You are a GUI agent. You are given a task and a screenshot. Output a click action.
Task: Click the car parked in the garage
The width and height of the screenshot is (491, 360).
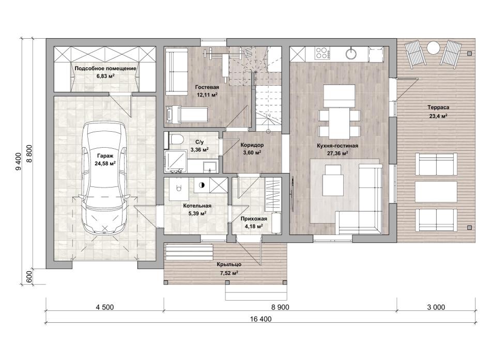pyautogui.click(x=105, y=178)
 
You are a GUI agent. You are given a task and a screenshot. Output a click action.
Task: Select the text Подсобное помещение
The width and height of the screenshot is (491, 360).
pyautogui.click(x=105, y=68)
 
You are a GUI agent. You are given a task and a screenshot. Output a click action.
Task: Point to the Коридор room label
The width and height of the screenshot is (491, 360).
pyautogui.click(x=252, y=145)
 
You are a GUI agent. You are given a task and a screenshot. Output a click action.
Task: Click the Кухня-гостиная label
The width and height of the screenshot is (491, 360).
pyautogui.click(x=337, y=146)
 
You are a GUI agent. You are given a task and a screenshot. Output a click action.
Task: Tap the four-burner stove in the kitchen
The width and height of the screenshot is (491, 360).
pyautogui.click(x=323, y=53)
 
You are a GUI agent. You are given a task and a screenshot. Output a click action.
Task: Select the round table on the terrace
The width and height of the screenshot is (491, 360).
pyautogui.click(x=434, y=48)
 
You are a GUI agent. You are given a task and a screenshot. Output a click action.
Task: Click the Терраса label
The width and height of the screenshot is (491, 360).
pyautogui.click(x=438, y=107)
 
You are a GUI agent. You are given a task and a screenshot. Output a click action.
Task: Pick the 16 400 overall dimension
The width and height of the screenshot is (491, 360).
pyautogui.click(x=261, y=319)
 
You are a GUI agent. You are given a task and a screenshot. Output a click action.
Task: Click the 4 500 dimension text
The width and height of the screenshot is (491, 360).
pyautogui.click(x=104, y=307)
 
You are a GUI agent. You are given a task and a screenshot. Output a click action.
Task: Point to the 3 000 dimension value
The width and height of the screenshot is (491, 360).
pyautogui.click(x=436, y=307)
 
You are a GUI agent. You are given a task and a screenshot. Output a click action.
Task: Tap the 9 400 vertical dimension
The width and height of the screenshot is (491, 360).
pyautogui.click(x=18, y=161)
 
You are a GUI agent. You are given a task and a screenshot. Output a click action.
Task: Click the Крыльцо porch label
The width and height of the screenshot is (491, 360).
pyautogui.click(x=229, y=264)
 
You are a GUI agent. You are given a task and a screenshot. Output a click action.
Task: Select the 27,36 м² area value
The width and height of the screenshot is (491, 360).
pyautogui.click(x=337, y=153)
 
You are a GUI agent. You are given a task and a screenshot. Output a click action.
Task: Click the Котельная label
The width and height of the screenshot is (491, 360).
pyautogui.click(x=197, y=206)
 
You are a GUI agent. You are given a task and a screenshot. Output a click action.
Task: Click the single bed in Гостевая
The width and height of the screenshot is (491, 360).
pyautogui.click(x=187, y=114)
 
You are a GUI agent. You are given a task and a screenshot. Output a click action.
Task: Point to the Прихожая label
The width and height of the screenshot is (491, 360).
pyautogui.click(x=254, y=219)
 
